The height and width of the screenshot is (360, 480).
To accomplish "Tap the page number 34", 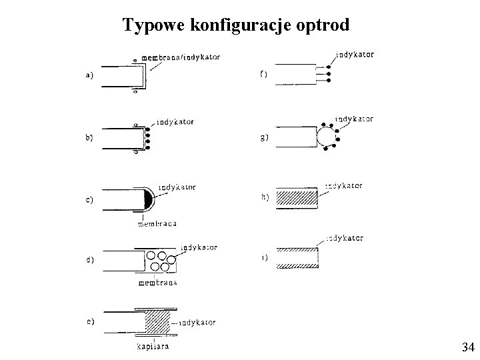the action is (x=467, y=347).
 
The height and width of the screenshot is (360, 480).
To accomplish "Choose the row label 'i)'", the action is (x=264, y=257).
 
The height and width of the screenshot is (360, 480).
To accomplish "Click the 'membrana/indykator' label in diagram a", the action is (x=181, y=57).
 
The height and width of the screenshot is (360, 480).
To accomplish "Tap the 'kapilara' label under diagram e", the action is (x=153, y=347).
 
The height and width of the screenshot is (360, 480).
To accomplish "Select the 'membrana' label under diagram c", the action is (x=157, y=224).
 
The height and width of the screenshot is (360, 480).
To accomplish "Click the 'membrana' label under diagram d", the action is (x=159, y=283).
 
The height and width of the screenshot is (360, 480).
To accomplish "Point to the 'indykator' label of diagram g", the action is (x=354, y=119).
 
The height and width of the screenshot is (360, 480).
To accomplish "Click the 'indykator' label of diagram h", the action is (x=344, y=186).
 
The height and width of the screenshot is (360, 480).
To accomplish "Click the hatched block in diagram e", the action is (x=158, y=322).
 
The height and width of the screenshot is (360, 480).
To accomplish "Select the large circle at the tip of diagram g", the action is (x=326, y=138).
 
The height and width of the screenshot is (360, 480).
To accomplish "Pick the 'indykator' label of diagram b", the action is (x=175, y=122).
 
